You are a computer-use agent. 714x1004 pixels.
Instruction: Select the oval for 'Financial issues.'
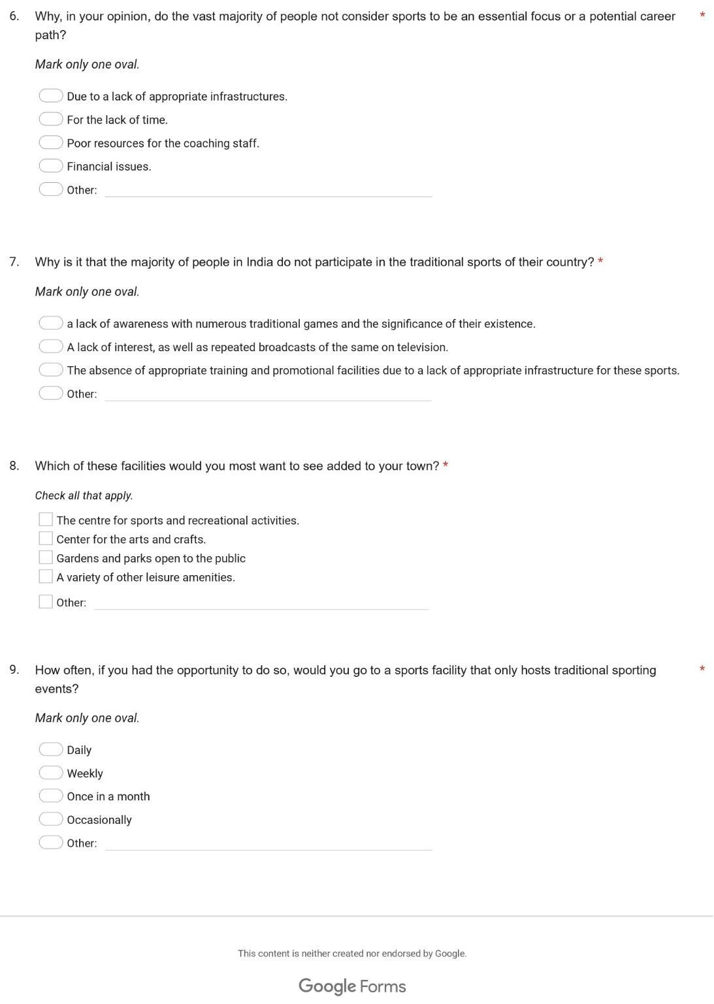coord(50,166)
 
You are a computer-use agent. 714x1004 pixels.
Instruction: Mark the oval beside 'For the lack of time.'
coord(50,119)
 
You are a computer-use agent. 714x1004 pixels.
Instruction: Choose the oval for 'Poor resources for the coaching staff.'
coord(50,142)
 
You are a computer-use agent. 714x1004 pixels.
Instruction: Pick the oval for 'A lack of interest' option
coord(50,346)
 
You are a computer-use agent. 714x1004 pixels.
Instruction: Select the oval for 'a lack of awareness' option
coord(50,322)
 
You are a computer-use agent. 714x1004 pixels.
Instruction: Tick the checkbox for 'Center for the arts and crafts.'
coord(46,539)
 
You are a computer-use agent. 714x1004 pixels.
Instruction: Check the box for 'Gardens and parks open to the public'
coord(46,557)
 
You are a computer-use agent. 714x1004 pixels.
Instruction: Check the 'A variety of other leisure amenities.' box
coord(46,576)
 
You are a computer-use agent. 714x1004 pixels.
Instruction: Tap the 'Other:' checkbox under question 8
coord(46,602)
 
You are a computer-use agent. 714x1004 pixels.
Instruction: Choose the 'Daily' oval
coord(50,749)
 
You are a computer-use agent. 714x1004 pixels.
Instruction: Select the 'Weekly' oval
coord(50,772)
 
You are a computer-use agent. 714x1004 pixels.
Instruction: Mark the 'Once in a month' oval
coord(50,796)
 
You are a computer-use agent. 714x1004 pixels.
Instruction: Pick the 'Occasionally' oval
coord(50,819)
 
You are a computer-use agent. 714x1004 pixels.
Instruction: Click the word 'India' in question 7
coord(259,262)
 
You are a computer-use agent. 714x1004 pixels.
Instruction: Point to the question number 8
coord(14,465)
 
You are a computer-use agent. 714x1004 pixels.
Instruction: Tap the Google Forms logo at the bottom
coord(352,986)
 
